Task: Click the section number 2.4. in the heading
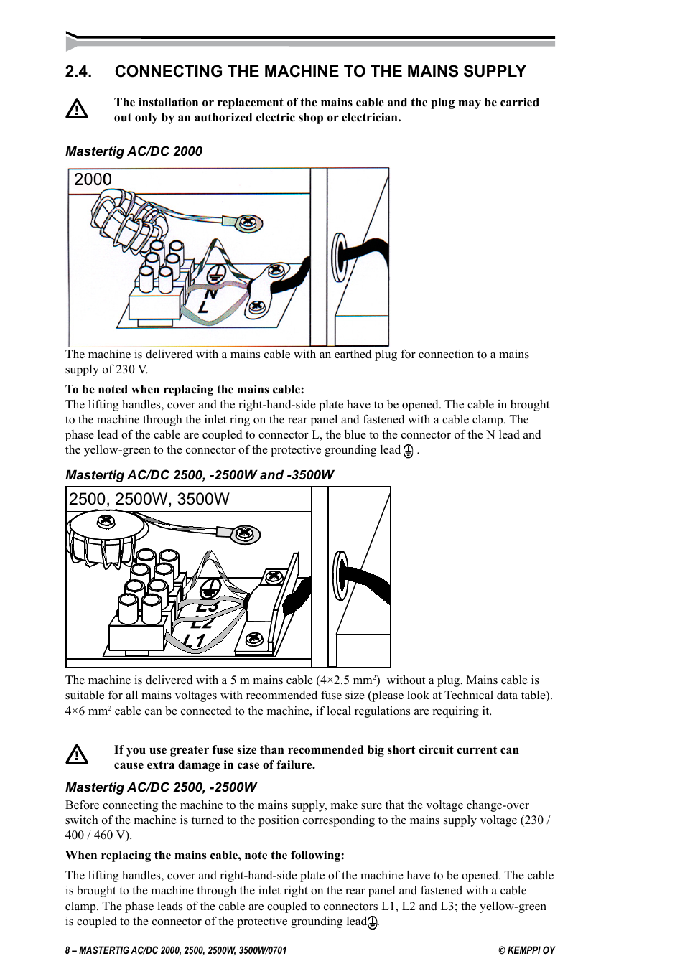pyautogui.click(x=79, y=72)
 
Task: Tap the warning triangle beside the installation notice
pyautogui.click(x=77, y=109)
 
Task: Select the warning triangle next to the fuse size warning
pyautogui.click(x=77, y=755)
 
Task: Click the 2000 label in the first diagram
pyautogui.click(x=93, y=180)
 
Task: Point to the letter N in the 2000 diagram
pyautogui.click(x=210, y=294)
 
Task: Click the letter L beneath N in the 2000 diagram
pyautogui.click(x=204, y=308)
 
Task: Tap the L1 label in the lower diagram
pyautogui.click(x=195, y=641)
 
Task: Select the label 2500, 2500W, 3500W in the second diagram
pyautogui.click(x=149, y=500)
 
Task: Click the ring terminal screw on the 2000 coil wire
pyautogui.click(x=248, y=223)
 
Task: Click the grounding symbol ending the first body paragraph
pyautogui.click(x=408, y=451)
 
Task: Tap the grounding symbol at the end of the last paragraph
pyautogui.click(x=372, y=922)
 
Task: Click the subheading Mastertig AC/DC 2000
pyautogui.click(x=134, y=151)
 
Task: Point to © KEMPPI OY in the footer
pyautogui.click(x=526, y=950)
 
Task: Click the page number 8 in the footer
pyautogui.click(x=67, y=950)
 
